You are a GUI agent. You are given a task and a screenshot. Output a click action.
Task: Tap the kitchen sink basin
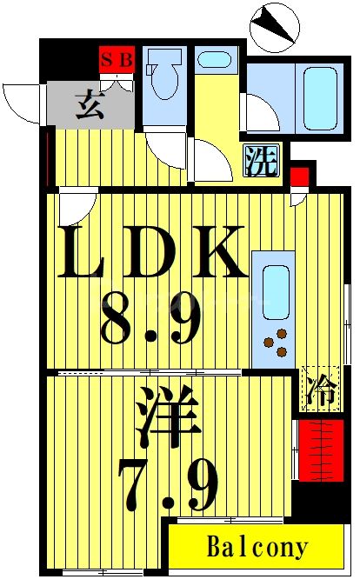pyautogui.click(x=275, y=290)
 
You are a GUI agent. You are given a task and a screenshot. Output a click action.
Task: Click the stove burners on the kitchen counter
pyautogui.click(x=276, y=343)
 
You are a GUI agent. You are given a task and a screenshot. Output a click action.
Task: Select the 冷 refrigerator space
pyautogui.click(x=317, y=388)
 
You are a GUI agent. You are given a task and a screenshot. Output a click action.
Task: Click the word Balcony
pyautogui.click(x=257, y=548)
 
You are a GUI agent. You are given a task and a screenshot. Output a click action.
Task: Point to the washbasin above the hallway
pyautogui.click(x=214, y=60)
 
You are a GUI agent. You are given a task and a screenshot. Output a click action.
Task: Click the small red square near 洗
pyautogui.click(x=298, y=177)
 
